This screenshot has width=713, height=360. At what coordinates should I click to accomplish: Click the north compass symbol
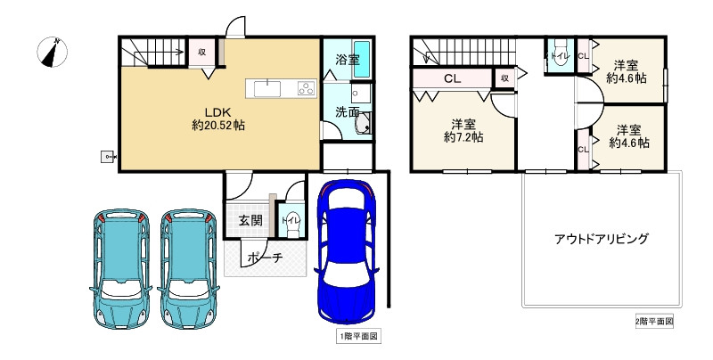pyautogui.click(x=54, y=53)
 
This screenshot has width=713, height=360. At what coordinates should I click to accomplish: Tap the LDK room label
pyautogui.click(x=218, y=111)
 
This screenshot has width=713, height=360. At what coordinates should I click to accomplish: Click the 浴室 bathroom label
pyautogui.click(x=348, y=61)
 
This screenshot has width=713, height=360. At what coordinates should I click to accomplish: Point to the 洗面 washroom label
pyautogui.click(x=348, y=113)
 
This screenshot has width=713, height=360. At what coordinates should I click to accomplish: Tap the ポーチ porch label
pyautogui.click(x=266, y=258)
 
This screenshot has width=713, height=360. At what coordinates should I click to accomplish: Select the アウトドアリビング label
pyautogui.click(x=601, y=239)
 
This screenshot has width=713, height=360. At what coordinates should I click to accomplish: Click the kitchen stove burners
pyautogui.click(x=306, y=88)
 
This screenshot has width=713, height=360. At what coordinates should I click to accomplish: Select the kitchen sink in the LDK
pyautogui.click(x=267, y=87)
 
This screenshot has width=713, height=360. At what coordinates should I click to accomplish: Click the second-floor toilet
pyautogui.click(x=560, y=55)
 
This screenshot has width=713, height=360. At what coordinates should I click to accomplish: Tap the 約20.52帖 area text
pyautogui.click(x=218, y=126)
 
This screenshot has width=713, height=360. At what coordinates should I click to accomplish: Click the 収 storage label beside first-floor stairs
pyautogui.click(x=202, y=53)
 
